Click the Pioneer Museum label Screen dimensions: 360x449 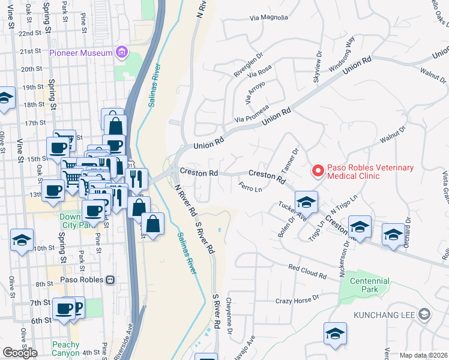[81, 53]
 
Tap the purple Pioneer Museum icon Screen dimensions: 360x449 [122, 53]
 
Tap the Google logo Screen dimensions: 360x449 [20, 352]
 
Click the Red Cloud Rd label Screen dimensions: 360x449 [307, 272]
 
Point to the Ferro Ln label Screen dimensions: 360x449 [251, 188]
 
